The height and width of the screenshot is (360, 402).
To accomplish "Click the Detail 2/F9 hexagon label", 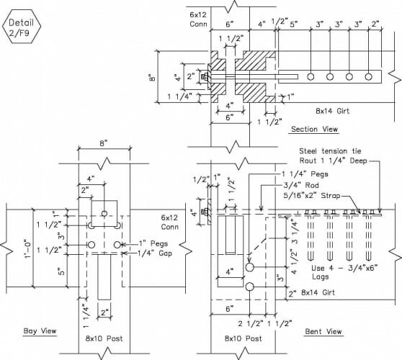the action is (22, 26).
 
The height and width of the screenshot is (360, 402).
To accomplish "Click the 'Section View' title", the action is (315, 129).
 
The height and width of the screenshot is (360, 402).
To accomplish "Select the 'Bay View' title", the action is (40, 330).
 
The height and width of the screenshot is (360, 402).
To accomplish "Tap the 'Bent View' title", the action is (323, 331).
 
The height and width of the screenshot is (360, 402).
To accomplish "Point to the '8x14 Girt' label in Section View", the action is (333, 111).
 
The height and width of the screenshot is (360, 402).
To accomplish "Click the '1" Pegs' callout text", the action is (153, 243).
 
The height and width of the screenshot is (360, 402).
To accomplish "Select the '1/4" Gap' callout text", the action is (155, 253).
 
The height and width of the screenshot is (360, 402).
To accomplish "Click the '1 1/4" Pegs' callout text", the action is (305, 174).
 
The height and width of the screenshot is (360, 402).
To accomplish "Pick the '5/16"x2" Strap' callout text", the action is (312, 196).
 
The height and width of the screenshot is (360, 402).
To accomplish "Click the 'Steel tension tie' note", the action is (330, 151).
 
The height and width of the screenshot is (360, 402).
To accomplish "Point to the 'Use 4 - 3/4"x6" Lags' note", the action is (344, 272).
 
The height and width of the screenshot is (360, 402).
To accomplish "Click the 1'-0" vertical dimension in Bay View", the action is (28, 248).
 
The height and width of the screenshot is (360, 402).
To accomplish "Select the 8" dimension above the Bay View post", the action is (103, 143).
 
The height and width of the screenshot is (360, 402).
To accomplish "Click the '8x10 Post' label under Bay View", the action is (104, 338).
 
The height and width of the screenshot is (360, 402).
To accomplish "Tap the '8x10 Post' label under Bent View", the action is (244, 338).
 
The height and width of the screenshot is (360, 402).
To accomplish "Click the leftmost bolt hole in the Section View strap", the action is (311, 76).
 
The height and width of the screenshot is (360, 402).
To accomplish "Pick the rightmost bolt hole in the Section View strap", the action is (368, 76).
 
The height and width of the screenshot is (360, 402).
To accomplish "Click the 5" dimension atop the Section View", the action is (294, 24).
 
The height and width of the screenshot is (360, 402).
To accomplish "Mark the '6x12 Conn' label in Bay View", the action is (169, 222).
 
